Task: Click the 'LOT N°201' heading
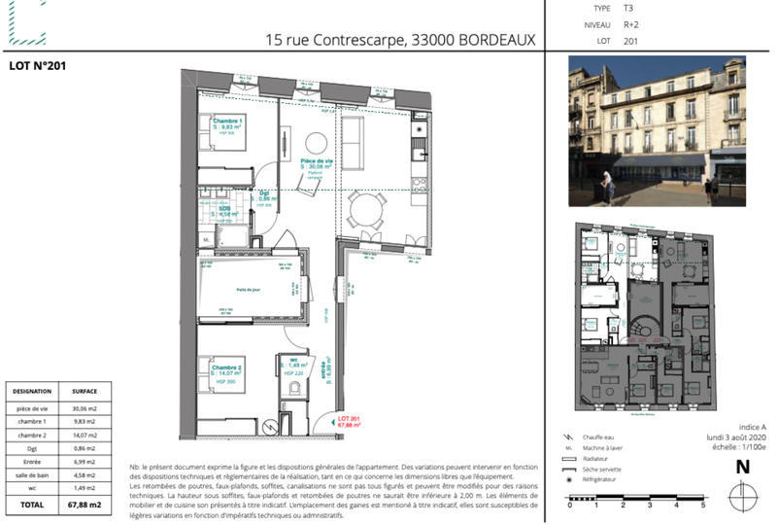click(x=37, y=66)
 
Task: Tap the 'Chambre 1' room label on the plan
click(x=228, y=122)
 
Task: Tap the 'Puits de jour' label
click(x=249, y=290)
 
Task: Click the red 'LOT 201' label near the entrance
click(x=349, y=419)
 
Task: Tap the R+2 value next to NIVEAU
click(x=630, y=24)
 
